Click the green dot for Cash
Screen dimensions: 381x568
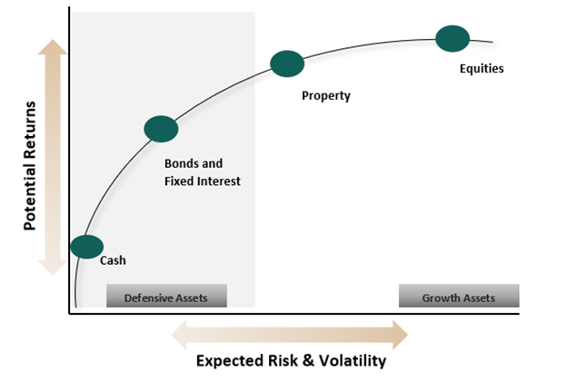click(x=86, y=247)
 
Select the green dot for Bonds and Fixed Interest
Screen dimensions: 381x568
click(x=161, y=130)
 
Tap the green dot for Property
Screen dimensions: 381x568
click(x=287, y=63)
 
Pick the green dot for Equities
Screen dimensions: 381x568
click(x=453, y=38)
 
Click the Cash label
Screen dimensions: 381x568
click(x=112, y=261)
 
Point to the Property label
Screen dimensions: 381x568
click(x=325, y=94)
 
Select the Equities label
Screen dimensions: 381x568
click(x=482, y=69)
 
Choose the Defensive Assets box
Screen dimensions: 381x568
click(x=166, y=297)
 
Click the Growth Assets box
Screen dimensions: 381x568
click(x=459, y=297)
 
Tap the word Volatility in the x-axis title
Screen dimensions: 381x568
click(x=349, y=361)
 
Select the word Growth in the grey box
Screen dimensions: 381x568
click(x=441, y=297)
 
